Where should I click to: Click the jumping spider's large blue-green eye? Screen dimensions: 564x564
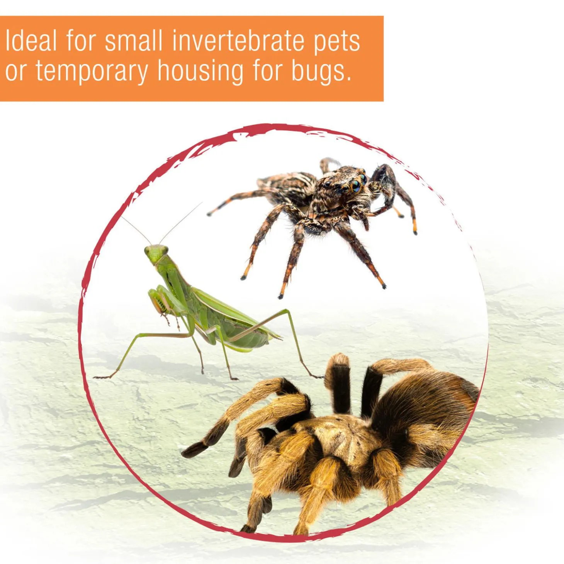click(x=357, y=187)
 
